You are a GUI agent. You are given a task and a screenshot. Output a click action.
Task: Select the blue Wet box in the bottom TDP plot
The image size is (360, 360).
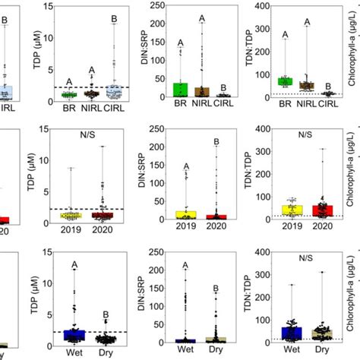[74, 335]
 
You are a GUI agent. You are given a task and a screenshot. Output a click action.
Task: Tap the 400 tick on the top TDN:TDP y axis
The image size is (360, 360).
[263, 6]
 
